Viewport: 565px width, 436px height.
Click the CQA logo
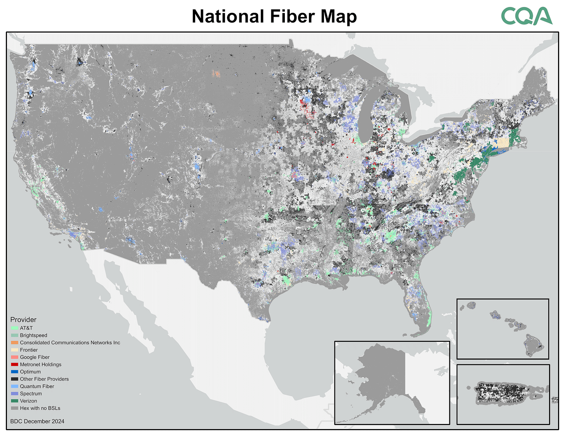(x=526, y=16)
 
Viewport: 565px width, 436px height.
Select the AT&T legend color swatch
(x=14, y=328)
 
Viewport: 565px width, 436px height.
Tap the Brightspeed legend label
(x=33, y=336)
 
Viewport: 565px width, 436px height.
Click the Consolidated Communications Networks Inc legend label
(x=70, y=343)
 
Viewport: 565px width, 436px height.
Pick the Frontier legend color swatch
(x=14, y=350)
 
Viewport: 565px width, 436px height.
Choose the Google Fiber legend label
(x=35, y=357)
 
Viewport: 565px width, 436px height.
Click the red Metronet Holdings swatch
(x=14, y=365)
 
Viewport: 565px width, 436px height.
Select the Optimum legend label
(x=30, y=372)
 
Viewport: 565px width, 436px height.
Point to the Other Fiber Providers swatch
(x=14, y=379)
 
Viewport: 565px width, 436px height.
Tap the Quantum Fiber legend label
(x=37, y=386)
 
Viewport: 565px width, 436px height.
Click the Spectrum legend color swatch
(x=14, y=394)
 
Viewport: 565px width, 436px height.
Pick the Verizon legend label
(x=28, y=401)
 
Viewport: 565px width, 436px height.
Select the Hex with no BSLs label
(x=40, y=408)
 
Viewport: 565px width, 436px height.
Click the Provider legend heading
(x=23, y=320)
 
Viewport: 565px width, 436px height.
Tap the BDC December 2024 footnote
(x=37, y=421)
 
